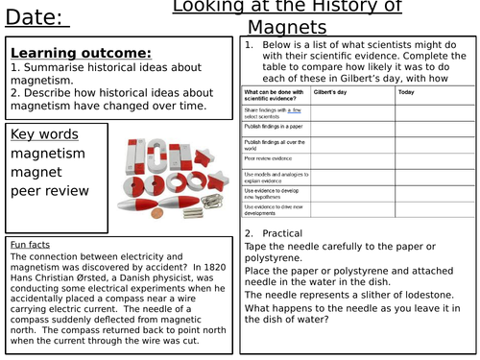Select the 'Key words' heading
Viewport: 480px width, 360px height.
coord(44,132)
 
